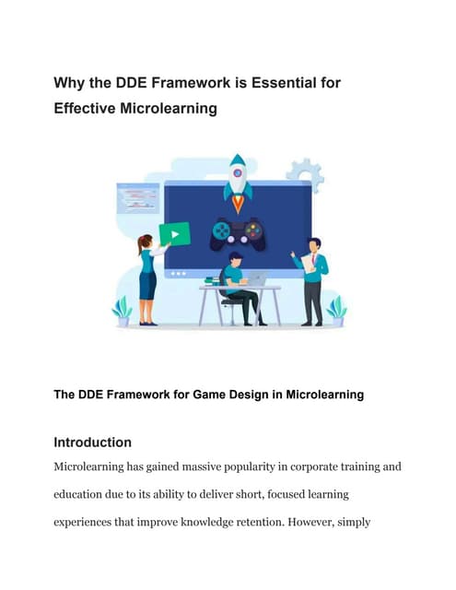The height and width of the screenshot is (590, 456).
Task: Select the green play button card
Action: (x=174, y=233)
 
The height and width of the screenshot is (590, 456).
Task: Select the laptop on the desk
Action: (x=256, y=278)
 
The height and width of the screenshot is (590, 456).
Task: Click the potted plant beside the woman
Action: (x=123, y=311)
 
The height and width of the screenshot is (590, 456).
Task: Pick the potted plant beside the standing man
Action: (x=336, y=311)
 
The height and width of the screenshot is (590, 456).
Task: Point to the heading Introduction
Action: (x=92, y=442)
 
